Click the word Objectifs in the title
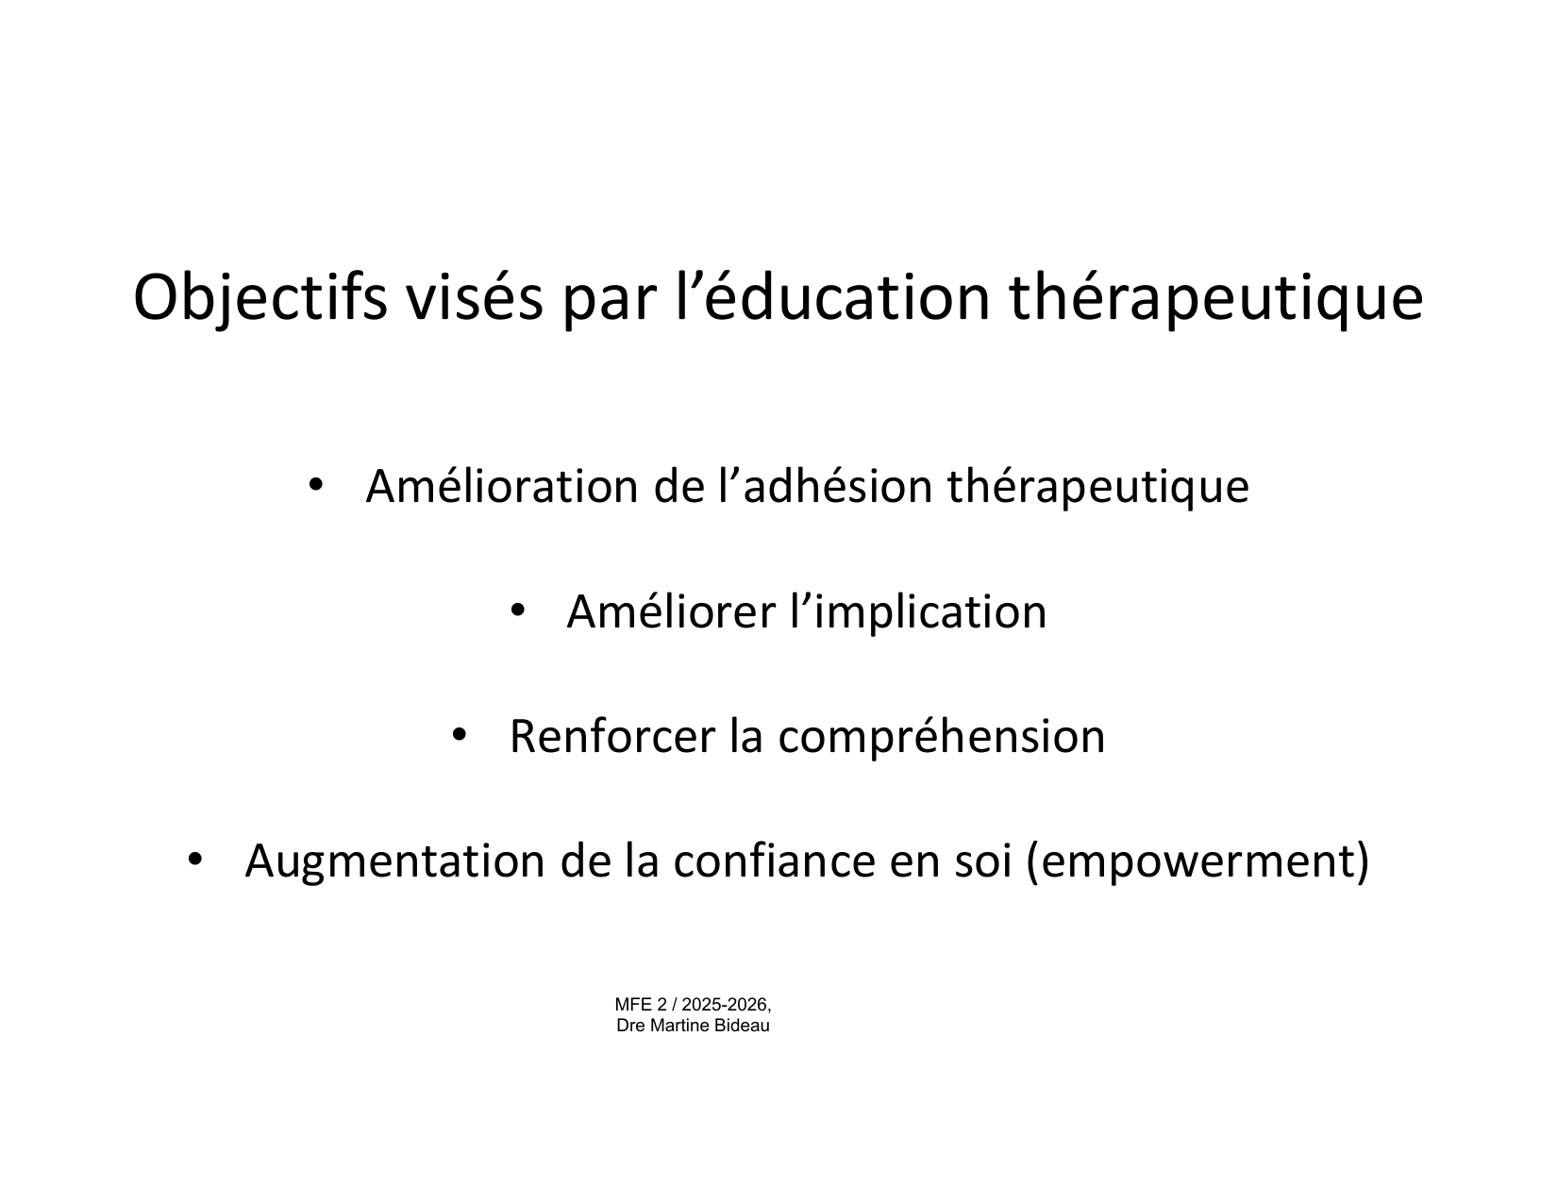260,298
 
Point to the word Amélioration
502,486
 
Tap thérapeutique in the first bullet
1098,487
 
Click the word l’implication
918,613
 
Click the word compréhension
942,738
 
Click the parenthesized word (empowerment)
1197,861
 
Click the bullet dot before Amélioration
314,485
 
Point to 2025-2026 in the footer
726,1005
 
